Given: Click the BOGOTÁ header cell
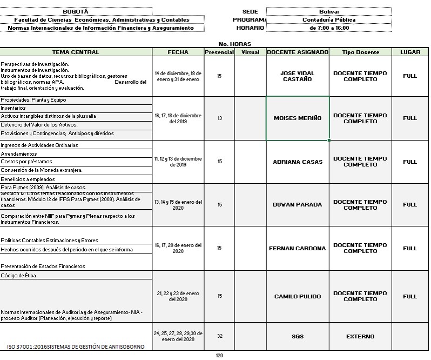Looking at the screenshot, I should coord(76,11).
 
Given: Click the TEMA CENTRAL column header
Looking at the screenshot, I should coord(76,52).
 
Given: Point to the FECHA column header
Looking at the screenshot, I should coord(178,52).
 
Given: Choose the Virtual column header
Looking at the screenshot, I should coord(250,52).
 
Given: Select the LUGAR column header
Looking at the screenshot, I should coord(410,52).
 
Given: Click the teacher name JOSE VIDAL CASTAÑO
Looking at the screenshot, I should coord(298,76).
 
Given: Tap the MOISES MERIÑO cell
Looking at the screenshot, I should coord(298,118).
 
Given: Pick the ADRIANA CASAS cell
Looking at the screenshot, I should coord(298,162).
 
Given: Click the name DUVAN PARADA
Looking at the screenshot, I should coord(298,205).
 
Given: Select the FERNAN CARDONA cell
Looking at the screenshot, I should coord(298,249).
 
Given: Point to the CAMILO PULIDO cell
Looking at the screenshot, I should coord(298,296).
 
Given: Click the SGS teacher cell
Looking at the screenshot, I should coord(298,337).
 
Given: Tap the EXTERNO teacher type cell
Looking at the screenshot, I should coord(360,337).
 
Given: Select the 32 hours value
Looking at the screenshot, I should coord(219,336).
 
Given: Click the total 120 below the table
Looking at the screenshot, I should coord(219,356).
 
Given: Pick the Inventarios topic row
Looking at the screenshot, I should coord(76,108).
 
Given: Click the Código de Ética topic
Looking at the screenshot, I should coord(76,276).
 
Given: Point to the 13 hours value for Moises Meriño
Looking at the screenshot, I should coord(219,118).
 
